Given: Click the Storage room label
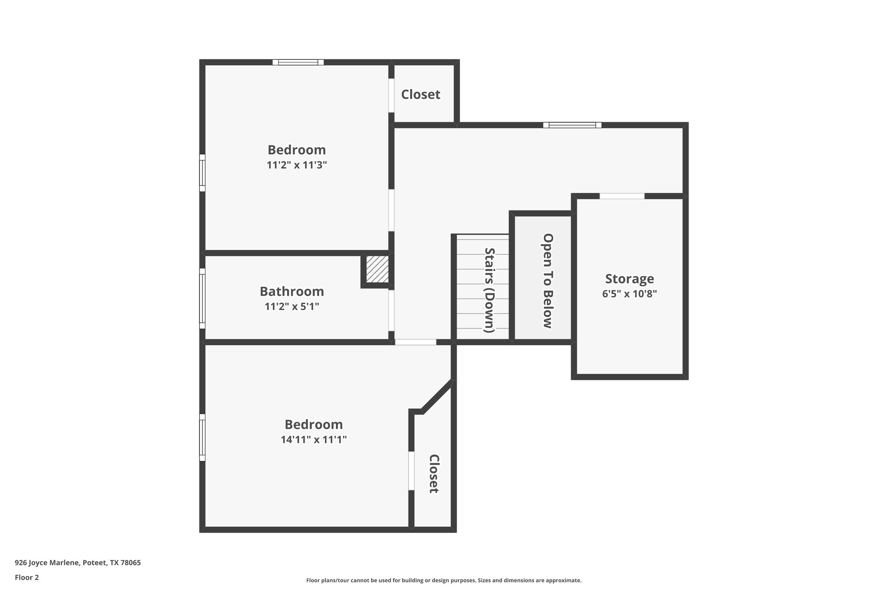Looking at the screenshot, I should [629, 278].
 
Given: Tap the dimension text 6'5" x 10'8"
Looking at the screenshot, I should [629, 294].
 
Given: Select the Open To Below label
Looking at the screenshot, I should [548, 281].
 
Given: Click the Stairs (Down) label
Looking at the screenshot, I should [490, 290].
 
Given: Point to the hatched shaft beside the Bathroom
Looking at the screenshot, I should [377, 269].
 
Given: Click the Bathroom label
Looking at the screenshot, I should [292, 291].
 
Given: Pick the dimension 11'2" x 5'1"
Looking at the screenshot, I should [292, 307].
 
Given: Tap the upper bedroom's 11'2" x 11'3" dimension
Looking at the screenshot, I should [297, 165].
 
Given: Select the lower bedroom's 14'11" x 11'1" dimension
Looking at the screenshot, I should [313, 440].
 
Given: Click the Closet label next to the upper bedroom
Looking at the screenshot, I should [421, 95].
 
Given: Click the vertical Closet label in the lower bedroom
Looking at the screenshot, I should [434, 474].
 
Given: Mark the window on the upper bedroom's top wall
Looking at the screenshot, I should [298, 62].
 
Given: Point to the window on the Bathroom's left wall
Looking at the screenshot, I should [202, 298].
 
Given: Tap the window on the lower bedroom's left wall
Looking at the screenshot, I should [202, 437].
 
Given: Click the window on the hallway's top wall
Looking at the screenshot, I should [572, 125].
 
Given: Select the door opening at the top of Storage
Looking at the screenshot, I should [622, 196].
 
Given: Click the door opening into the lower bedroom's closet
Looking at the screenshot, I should [411, 471].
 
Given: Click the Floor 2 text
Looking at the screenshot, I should [27, 577].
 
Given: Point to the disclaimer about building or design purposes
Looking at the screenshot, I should [444, 580].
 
